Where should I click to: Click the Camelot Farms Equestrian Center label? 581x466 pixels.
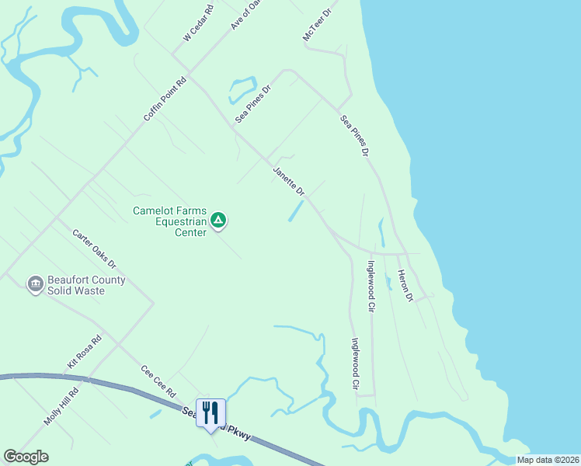(170, 221)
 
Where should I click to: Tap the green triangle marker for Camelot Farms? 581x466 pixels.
(219, 221)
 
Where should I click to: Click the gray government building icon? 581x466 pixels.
(35, 285)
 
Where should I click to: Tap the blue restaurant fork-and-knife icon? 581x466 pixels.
(210, 412)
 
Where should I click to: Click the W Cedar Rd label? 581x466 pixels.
(198, 25)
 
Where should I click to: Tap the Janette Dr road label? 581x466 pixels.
(289, 180)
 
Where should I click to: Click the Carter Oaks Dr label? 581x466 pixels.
(94, 249)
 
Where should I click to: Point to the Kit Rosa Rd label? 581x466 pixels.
(85, 352)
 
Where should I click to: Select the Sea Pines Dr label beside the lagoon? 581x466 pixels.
(254, 103)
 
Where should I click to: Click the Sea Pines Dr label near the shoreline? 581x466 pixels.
(353, 136)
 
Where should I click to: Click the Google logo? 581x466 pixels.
(26, 457)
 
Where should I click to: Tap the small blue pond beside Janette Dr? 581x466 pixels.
(296, 211)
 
